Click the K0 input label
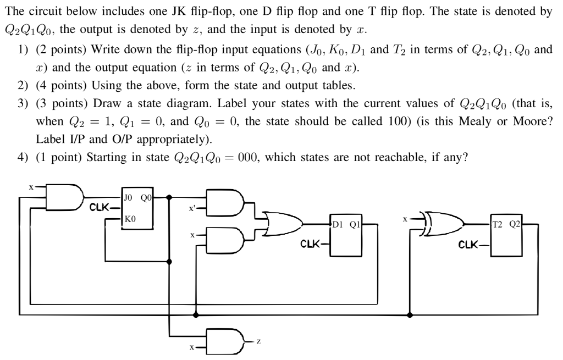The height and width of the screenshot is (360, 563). [x=129, y=218]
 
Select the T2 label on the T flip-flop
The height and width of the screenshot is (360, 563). [x=499, y=224]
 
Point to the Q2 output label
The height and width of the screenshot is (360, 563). [x=515, y=224]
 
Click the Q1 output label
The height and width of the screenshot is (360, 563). [x=355, y=224]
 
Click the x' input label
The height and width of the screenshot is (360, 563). [x=192, y=208]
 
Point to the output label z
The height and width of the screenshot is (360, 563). [x=258, y=341]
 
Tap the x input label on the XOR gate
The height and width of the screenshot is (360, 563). [x=405, y=218]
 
